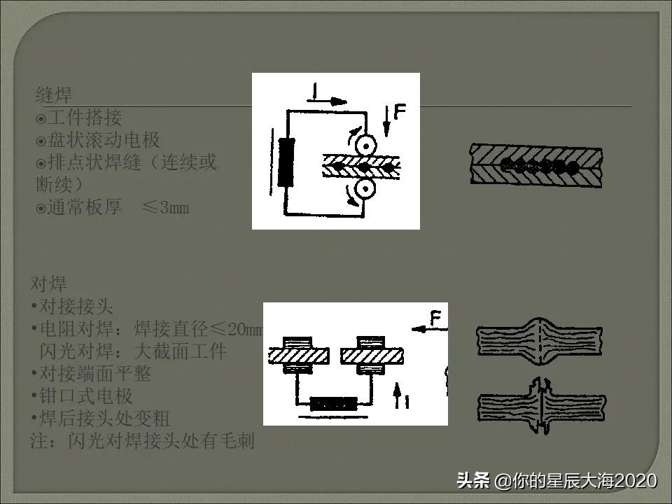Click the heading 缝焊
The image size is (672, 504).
[x=54, y=94]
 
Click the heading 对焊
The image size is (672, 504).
[x=49, y=284]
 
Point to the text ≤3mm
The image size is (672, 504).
[x=165, y=208]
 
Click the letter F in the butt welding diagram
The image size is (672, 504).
[x=435, y=320]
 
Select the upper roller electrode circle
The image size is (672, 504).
[x=366, y=143]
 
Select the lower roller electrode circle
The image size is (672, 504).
[x=366, y=189]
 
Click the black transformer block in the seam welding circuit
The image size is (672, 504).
[x=286, y=162]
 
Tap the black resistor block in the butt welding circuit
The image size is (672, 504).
[x=333, y=404]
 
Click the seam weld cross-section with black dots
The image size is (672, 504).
[x=535, y=166]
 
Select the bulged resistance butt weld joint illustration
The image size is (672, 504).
[x=540, y=341]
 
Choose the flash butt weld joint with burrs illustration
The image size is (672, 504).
[x=540, y=404]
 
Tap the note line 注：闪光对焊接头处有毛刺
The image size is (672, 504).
[x=143, y=441]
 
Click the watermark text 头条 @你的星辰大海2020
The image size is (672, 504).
[x=556, y=481]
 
